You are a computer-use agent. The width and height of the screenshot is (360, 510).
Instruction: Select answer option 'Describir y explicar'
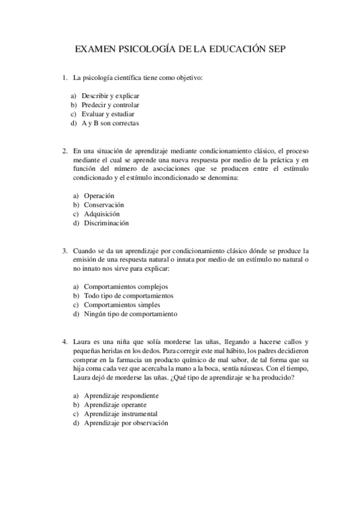(x=111, y=96)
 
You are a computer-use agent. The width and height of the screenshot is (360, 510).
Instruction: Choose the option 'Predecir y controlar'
(x=111, y=105)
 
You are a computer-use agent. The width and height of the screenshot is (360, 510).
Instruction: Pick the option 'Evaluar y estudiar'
(x=108, y=114)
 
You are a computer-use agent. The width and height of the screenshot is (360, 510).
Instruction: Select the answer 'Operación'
(x=99, y=195)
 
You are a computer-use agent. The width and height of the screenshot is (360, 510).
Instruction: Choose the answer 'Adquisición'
(x=102, y=214)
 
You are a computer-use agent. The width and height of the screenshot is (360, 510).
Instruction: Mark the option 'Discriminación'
(x=106, y=223)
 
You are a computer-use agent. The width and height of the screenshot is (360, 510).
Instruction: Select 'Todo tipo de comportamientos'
(x=129, y=295)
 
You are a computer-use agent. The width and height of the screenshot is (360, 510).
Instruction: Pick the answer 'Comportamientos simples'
(x=122, y=304)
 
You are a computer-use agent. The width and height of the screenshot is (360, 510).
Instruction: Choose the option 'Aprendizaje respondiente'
(x=121, y=396)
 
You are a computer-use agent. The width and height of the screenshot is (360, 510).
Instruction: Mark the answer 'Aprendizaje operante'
(x=116, y=405)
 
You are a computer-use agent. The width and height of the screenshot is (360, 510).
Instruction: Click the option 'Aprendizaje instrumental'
(x=121, y=414)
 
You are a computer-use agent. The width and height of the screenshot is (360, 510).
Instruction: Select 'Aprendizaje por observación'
(x=126, y=423)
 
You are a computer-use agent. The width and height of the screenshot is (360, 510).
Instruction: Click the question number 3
(x=64, y=250)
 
